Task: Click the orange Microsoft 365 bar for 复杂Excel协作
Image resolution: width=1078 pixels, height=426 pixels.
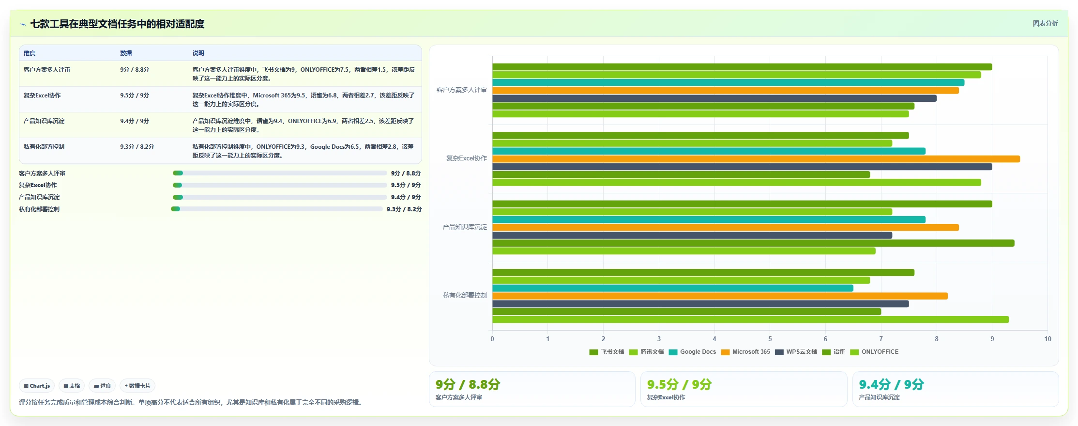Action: tap(756, 159)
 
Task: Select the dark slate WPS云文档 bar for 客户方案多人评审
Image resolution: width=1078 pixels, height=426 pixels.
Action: tap(714, 98)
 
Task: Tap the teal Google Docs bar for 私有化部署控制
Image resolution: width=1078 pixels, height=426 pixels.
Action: tap(673, 288)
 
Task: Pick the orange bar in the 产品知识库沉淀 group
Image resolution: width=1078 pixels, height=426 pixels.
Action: tap(726, 227)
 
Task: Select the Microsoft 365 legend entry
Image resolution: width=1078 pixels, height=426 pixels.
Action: tap(745, 352)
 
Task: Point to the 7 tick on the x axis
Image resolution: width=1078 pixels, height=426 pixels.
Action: tap(881, 339)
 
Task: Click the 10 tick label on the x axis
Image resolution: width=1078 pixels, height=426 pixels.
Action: tap(1048, 339)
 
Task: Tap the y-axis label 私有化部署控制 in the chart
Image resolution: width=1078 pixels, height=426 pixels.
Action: tap(465, 295)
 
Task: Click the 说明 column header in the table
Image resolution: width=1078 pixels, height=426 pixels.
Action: tap(198, 53)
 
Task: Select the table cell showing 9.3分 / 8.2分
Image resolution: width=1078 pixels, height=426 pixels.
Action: tap(137, 147)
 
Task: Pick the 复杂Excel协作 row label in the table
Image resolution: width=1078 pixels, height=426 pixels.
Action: tap(42, 95)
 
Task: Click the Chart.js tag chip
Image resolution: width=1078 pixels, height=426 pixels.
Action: tap(37, 386)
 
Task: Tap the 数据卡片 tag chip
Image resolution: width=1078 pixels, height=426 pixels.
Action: tap(137, 386)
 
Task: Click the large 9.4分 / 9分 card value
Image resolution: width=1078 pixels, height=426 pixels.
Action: tap(891, 384)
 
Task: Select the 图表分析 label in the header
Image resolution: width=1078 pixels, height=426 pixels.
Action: tap(1045, 23)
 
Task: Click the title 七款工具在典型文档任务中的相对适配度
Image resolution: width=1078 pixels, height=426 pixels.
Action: tap(117, 24)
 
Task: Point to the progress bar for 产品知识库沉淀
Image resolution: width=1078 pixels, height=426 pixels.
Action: tap(280, 197)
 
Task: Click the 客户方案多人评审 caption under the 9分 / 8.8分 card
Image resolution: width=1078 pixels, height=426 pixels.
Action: tap(458, 397)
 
